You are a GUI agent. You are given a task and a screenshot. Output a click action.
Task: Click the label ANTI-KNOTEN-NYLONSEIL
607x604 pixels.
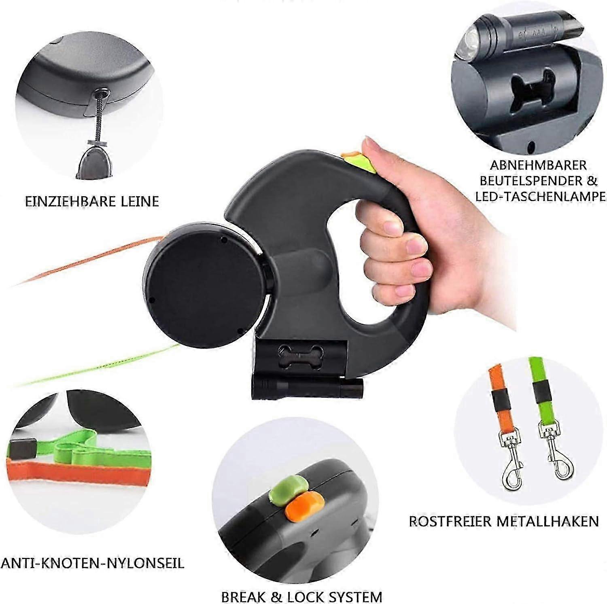(92, 563)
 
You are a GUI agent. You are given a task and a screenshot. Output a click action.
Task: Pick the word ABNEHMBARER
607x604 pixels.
(538, 165)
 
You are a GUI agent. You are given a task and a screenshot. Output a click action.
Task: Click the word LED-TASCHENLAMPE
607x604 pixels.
(541, 197)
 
